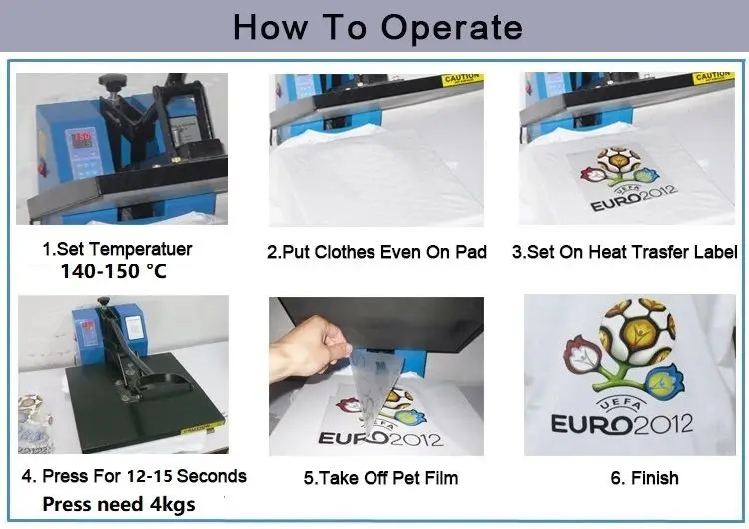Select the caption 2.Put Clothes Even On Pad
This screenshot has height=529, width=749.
click(x=376, y=252)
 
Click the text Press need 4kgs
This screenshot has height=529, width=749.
click(x=119, y=504)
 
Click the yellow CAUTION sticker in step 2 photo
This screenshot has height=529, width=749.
click(x=462, y=79)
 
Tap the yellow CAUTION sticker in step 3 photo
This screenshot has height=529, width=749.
click(x=713, y=78)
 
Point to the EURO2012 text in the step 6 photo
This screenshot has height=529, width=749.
click(x=622, y=423)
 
